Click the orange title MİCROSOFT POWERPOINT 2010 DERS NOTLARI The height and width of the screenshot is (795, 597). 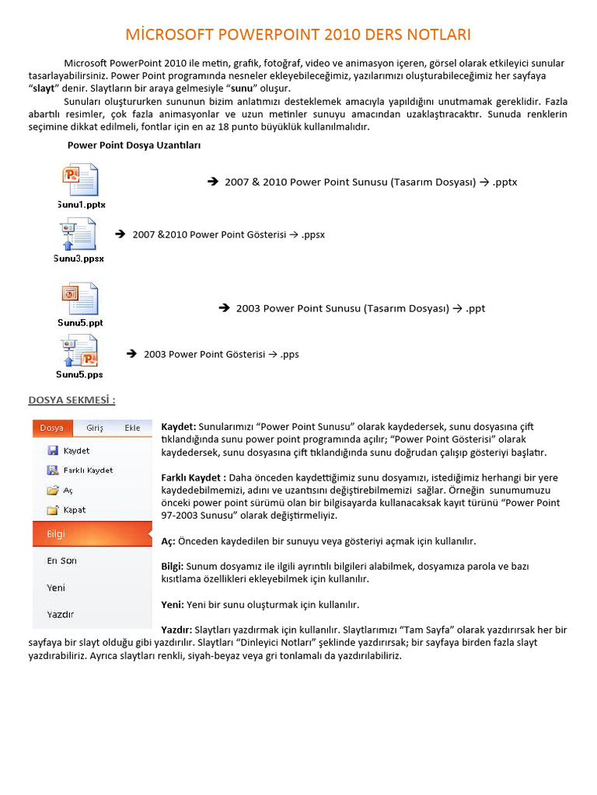(298, 35)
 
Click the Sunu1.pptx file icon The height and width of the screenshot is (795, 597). (79, 180)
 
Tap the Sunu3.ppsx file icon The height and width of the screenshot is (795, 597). (78, 234)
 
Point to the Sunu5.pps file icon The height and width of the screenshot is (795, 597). (79, 351)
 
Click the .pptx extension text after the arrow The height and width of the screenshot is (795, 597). (504, 182)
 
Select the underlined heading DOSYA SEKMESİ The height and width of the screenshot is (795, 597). (72, 401)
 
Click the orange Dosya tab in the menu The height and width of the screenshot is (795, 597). (52, 428)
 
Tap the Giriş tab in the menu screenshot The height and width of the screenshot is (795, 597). (95, 428)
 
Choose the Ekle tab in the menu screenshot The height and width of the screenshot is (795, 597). (133, 428)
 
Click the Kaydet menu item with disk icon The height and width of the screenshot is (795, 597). (76, 450)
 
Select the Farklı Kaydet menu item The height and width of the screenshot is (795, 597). (88, 470)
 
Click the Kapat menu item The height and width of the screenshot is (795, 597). (75, 510)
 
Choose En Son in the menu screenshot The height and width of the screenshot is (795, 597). (61, 561)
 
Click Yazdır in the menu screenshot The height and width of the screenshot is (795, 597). (60, 614)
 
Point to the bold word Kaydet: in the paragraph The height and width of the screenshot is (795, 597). (178, 427)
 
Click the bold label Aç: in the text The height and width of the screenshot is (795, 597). (168, 541)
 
